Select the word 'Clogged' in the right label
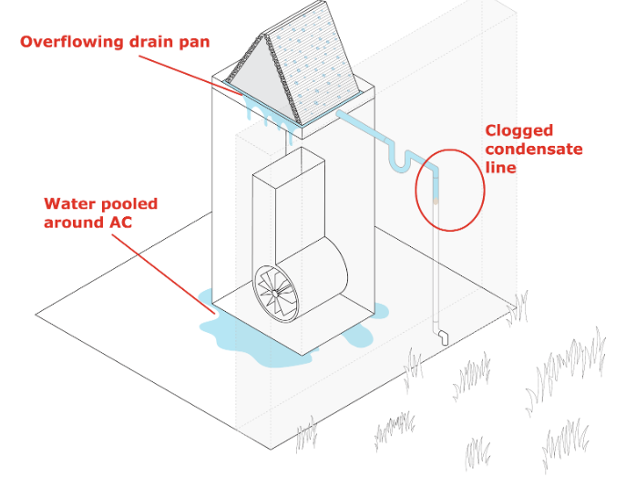point(518,130)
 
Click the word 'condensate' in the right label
point(533,149)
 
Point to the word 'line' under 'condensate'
point(500,168)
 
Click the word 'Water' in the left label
point(69,203)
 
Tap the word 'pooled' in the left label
point(128,203)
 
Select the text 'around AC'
point(87,222)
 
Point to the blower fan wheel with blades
point(276,291)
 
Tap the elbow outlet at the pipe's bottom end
point(443,337)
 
